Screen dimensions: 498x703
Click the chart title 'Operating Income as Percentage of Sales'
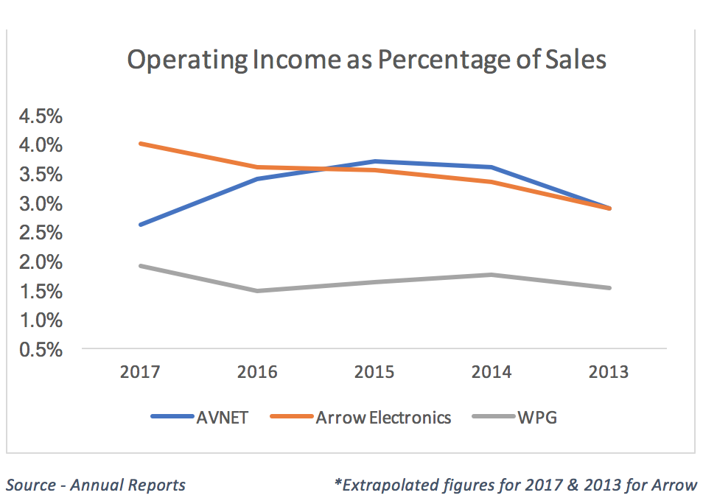(x=366, y=60)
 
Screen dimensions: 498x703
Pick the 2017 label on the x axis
(x=140, y=371)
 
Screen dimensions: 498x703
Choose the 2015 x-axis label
(x=375, y=371)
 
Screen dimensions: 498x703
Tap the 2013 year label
(x=609, y=371)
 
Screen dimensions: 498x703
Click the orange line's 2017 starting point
(x=140, y=144)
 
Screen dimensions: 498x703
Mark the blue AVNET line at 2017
(x=140, y=225)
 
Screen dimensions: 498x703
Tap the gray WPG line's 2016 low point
(x=257, y=291)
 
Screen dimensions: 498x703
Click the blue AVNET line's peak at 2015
(x=375, y=161)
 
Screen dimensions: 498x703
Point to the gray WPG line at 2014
(x=492, y=275)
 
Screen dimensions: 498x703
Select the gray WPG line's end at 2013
(x=609, y=288)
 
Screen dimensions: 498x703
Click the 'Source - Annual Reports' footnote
(x=95, y=485)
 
